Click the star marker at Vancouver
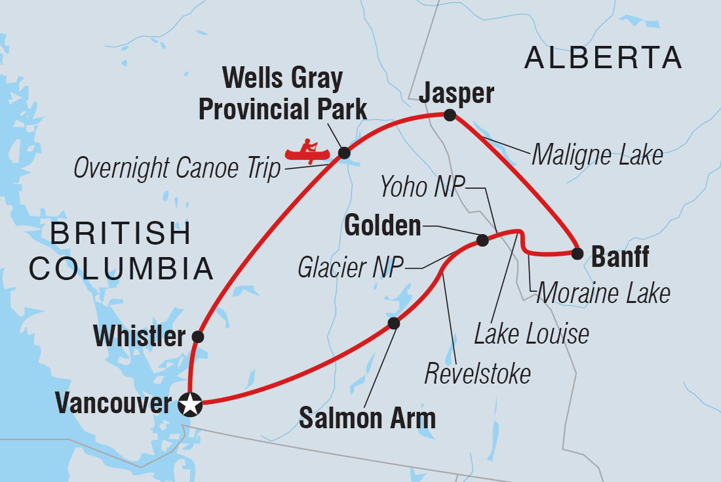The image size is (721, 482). [190, 405]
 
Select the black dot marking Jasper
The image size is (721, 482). [449, 115]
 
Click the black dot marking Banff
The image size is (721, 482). [577, 253]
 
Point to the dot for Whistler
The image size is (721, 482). [197, 337]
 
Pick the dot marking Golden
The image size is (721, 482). [482, 241]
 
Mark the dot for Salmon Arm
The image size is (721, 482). [393, 323]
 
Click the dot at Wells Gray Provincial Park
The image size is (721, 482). [343, 153]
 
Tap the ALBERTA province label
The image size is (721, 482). [603, 58]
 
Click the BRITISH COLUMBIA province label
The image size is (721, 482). [132, 251]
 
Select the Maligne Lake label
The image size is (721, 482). [597, 155]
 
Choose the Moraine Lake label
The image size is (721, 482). [603, 293]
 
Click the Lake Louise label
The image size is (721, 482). [532, 334]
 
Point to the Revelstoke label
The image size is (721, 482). [477, 374]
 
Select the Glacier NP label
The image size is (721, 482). [351, 268]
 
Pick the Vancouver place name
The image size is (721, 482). [113, 403]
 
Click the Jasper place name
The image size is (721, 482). [456, 94]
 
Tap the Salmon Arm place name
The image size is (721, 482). [367, 418]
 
